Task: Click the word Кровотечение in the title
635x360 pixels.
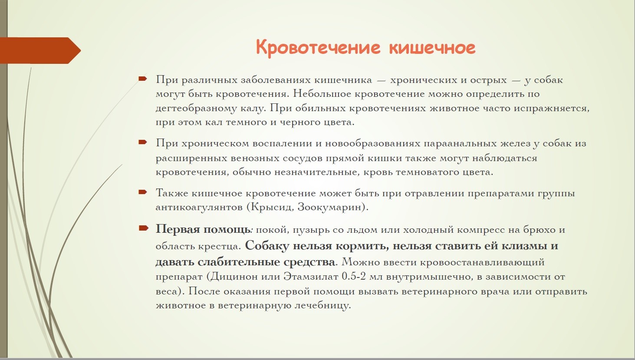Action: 318,47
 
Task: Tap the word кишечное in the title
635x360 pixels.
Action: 432,47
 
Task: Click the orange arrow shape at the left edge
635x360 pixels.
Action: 40,50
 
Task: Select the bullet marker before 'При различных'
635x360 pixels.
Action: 143,79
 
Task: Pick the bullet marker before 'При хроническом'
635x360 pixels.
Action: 143,142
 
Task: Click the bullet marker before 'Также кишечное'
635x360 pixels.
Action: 143,192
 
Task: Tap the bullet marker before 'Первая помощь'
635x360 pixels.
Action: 143,228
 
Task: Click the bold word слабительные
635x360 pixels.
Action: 239,262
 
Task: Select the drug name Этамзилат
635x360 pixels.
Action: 311,277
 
